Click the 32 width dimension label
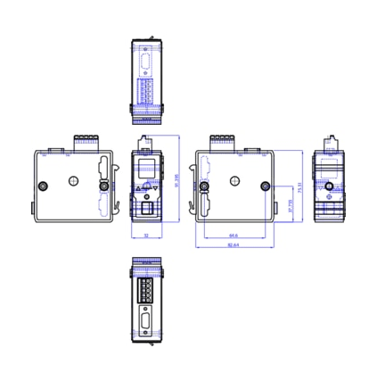tap(145, 236)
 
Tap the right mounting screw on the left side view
tap(102, 187)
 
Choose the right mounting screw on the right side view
tap(264, 187)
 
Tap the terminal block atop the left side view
tap(86, 139)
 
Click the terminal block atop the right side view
tap(221, 139)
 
